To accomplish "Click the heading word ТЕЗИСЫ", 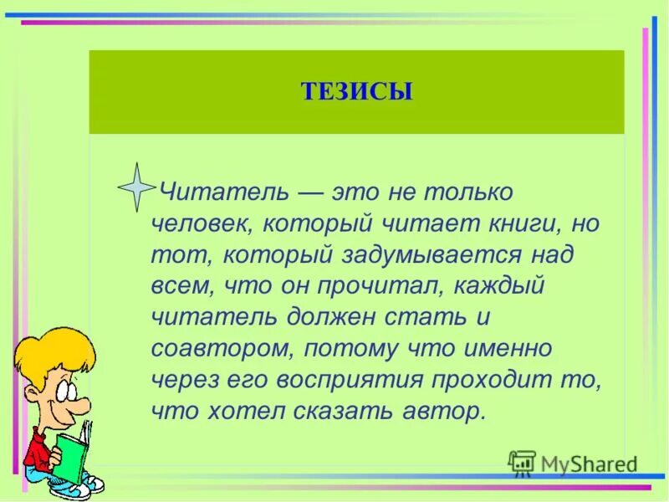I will pyautogui.click(x=356, y=91).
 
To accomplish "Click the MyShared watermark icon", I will pyautogui.click(x=523, y=463).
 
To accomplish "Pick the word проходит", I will pyautogui.click(x=494, y=380).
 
